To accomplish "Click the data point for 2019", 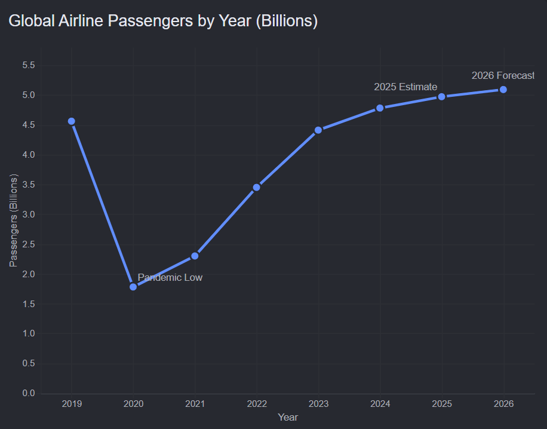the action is click(72, 121).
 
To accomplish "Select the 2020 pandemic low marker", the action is click(133, 287).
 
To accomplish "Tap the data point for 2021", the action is click(195, 256).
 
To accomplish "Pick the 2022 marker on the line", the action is click(256, 188).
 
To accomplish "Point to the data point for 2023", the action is click(318, 130).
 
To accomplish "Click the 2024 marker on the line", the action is click(380, 108).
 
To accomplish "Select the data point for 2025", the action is click(442, 97).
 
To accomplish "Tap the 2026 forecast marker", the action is click(503, 90).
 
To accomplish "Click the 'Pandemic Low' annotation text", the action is click(170, 277).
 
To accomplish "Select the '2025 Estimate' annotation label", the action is click(405, 87).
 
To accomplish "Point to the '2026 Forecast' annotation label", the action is click(503, 75).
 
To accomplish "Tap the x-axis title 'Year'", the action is click(288, 417).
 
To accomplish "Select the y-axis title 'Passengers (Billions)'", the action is click(13, 220).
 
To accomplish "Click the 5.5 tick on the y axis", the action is click(29, 65).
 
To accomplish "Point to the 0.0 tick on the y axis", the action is click(29, 393).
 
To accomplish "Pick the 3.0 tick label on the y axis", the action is click(29, 214).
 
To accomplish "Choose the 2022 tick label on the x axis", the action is click(257, 404).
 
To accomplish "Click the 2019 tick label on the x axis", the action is click(72, 404).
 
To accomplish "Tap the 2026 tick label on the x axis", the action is click(504, 404).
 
